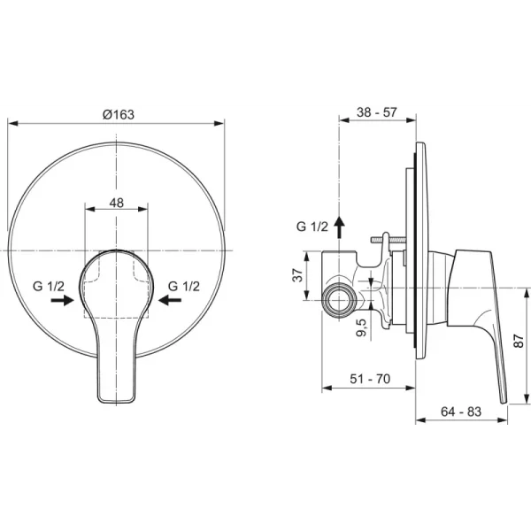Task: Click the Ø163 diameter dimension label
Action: pos(119,114)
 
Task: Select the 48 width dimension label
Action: pos(116,203)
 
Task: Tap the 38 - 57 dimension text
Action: pos(376,112)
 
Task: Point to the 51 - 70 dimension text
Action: pos(370,379)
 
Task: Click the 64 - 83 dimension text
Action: pos(461,412)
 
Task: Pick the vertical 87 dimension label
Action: pos(519,341)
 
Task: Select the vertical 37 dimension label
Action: pos(297,275)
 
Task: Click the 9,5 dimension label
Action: pos(361,327)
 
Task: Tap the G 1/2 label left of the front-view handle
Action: pos(48,286)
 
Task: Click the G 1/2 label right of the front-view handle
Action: pos(183,286)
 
